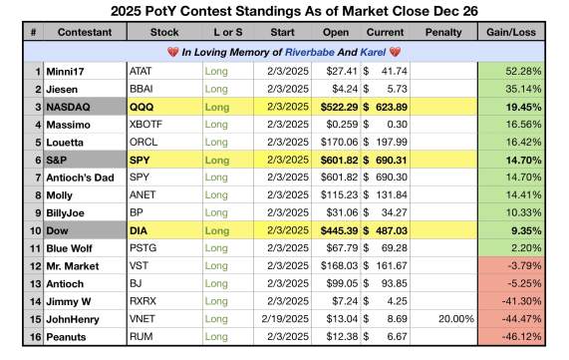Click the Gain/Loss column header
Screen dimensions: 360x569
point(511,32)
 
